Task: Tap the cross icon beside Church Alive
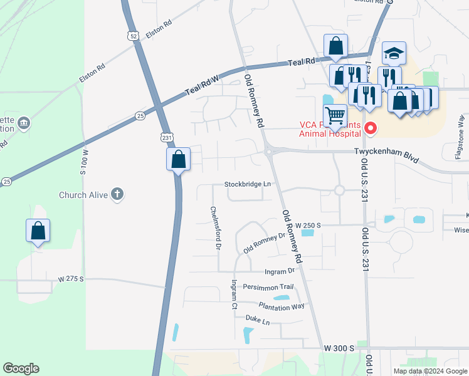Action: (117, 194)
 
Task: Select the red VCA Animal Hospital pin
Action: (371, 129)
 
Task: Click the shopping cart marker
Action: (335, 116)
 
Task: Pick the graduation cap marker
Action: (394, 54)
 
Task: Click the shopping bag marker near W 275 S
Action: (38, 231)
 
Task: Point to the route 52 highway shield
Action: (132, 36)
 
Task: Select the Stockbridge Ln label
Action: (249, 184)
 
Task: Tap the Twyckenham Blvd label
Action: (386, 152)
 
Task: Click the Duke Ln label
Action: (257, 321)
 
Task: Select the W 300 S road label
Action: (339, 348)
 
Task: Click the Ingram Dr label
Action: (280, 271)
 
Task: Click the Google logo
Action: (21, 368)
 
